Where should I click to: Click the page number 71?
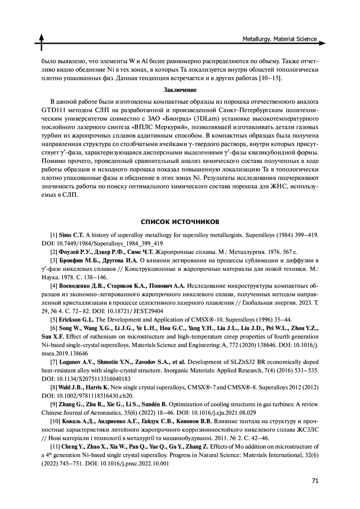point(315,481)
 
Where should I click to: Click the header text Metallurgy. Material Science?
point(280,39)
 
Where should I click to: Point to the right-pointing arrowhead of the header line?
point(322,43)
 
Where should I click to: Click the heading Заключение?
point(180,90)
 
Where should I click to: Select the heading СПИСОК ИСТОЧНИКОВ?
point(180,222)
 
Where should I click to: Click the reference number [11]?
point(55,447)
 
